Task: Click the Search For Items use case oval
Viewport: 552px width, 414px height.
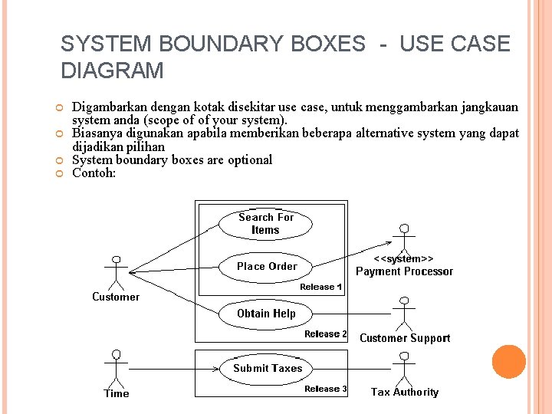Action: point(265,223)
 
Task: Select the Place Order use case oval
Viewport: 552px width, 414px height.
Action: point(267,267)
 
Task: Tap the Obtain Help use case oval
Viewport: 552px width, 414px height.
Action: point(266,314)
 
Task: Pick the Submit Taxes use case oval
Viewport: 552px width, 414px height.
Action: point(268,368)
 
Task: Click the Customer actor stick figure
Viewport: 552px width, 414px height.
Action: point(116,272)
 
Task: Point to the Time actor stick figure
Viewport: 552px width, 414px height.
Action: point(117,369)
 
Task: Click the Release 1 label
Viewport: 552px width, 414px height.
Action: point(321,287)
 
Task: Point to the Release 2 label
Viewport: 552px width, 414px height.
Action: point(326,334)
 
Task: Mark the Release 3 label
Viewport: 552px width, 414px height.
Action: point(326,389)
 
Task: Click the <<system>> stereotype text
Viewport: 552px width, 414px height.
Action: point(404,258)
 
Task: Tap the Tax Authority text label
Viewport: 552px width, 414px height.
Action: point(405,392)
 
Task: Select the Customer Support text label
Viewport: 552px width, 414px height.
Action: point(405,338)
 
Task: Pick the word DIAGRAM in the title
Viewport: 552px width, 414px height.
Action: point(112,71)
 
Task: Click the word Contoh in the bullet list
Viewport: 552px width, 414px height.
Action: point(93,173)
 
